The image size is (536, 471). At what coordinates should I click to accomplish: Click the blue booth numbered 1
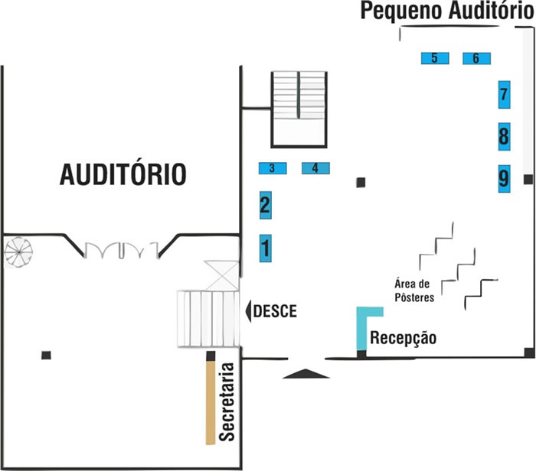[x=265, y=248]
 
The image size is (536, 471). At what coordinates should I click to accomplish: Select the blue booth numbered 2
[x=265, y=205]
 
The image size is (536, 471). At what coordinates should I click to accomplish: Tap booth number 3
[x=272, y=168]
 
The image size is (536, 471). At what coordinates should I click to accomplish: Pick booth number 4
[x=315, y=168]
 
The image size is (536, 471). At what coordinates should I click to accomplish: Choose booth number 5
[x=434, y=58]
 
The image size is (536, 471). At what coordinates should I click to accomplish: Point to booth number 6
[x=476, y=58]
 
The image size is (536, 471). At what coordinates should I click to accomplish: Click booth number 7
[x=503, y=95]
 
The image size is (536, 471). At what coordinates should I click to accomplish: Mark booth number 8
[x=503, y=137]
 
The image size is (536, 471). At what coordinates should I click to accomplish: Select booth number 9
[x=503, y=178]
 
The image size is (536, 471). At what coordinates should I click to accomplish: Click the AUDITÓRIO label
[x=123, y=174]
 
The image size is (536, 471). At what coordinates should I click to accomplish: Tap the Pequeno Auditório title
[x=447, y=11]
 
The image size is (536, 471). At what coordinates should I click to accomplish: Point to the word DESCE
[x=274, y=311]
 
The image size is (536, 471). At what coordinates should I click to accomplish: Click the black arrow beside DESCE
[x=248, y=310]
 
